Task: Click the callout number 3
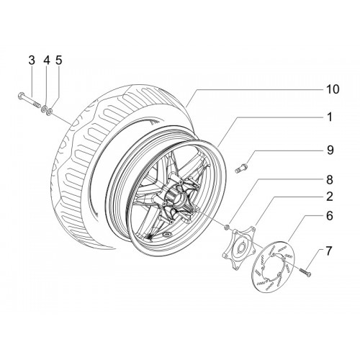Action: click(x=32, y=60)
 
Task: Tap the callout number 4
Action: click(x=47, y=60)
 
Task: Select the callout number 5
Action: click(x=59, y=60)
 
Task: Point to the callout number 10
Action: click(x=333, y=89)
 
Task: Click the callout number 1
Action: click(x=330, y=117)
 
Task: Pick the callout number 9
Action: click(x=330, y=150)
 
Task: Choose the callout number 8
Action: click(x=330, y=180)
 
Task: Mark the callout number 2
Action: click(x=330, y=197)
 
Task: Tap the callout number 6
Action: click(x=330, y=216)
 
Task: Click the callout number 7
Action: click(x=328, y=251)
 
